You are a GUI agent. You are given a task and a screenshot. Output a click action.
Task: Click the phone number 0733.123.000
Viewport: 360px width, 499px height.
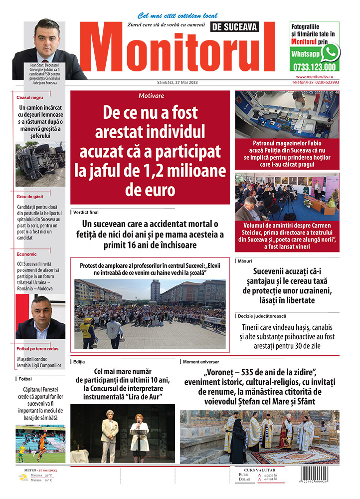[x=315, y=67]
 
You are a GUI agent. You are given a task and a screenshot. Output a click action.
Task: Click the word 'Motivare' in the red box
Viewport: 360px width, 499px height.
[x=152, y=96]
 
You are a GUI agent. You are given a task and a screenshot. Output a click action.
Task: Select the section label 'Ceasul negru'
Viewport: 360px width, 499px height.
[x=30, y=98]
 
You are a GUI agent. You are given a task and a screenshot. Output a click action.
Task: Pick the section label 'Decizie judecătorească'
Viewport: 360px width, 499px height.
[x=264, y=316]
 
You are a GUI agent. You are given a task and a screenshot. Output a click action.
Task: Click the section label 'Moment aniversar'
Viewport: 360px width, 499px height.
[x=201, y=361]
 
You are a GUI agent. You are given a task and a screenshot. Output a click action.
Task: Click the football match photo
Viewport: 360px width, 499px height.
[x=40, y=444]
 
